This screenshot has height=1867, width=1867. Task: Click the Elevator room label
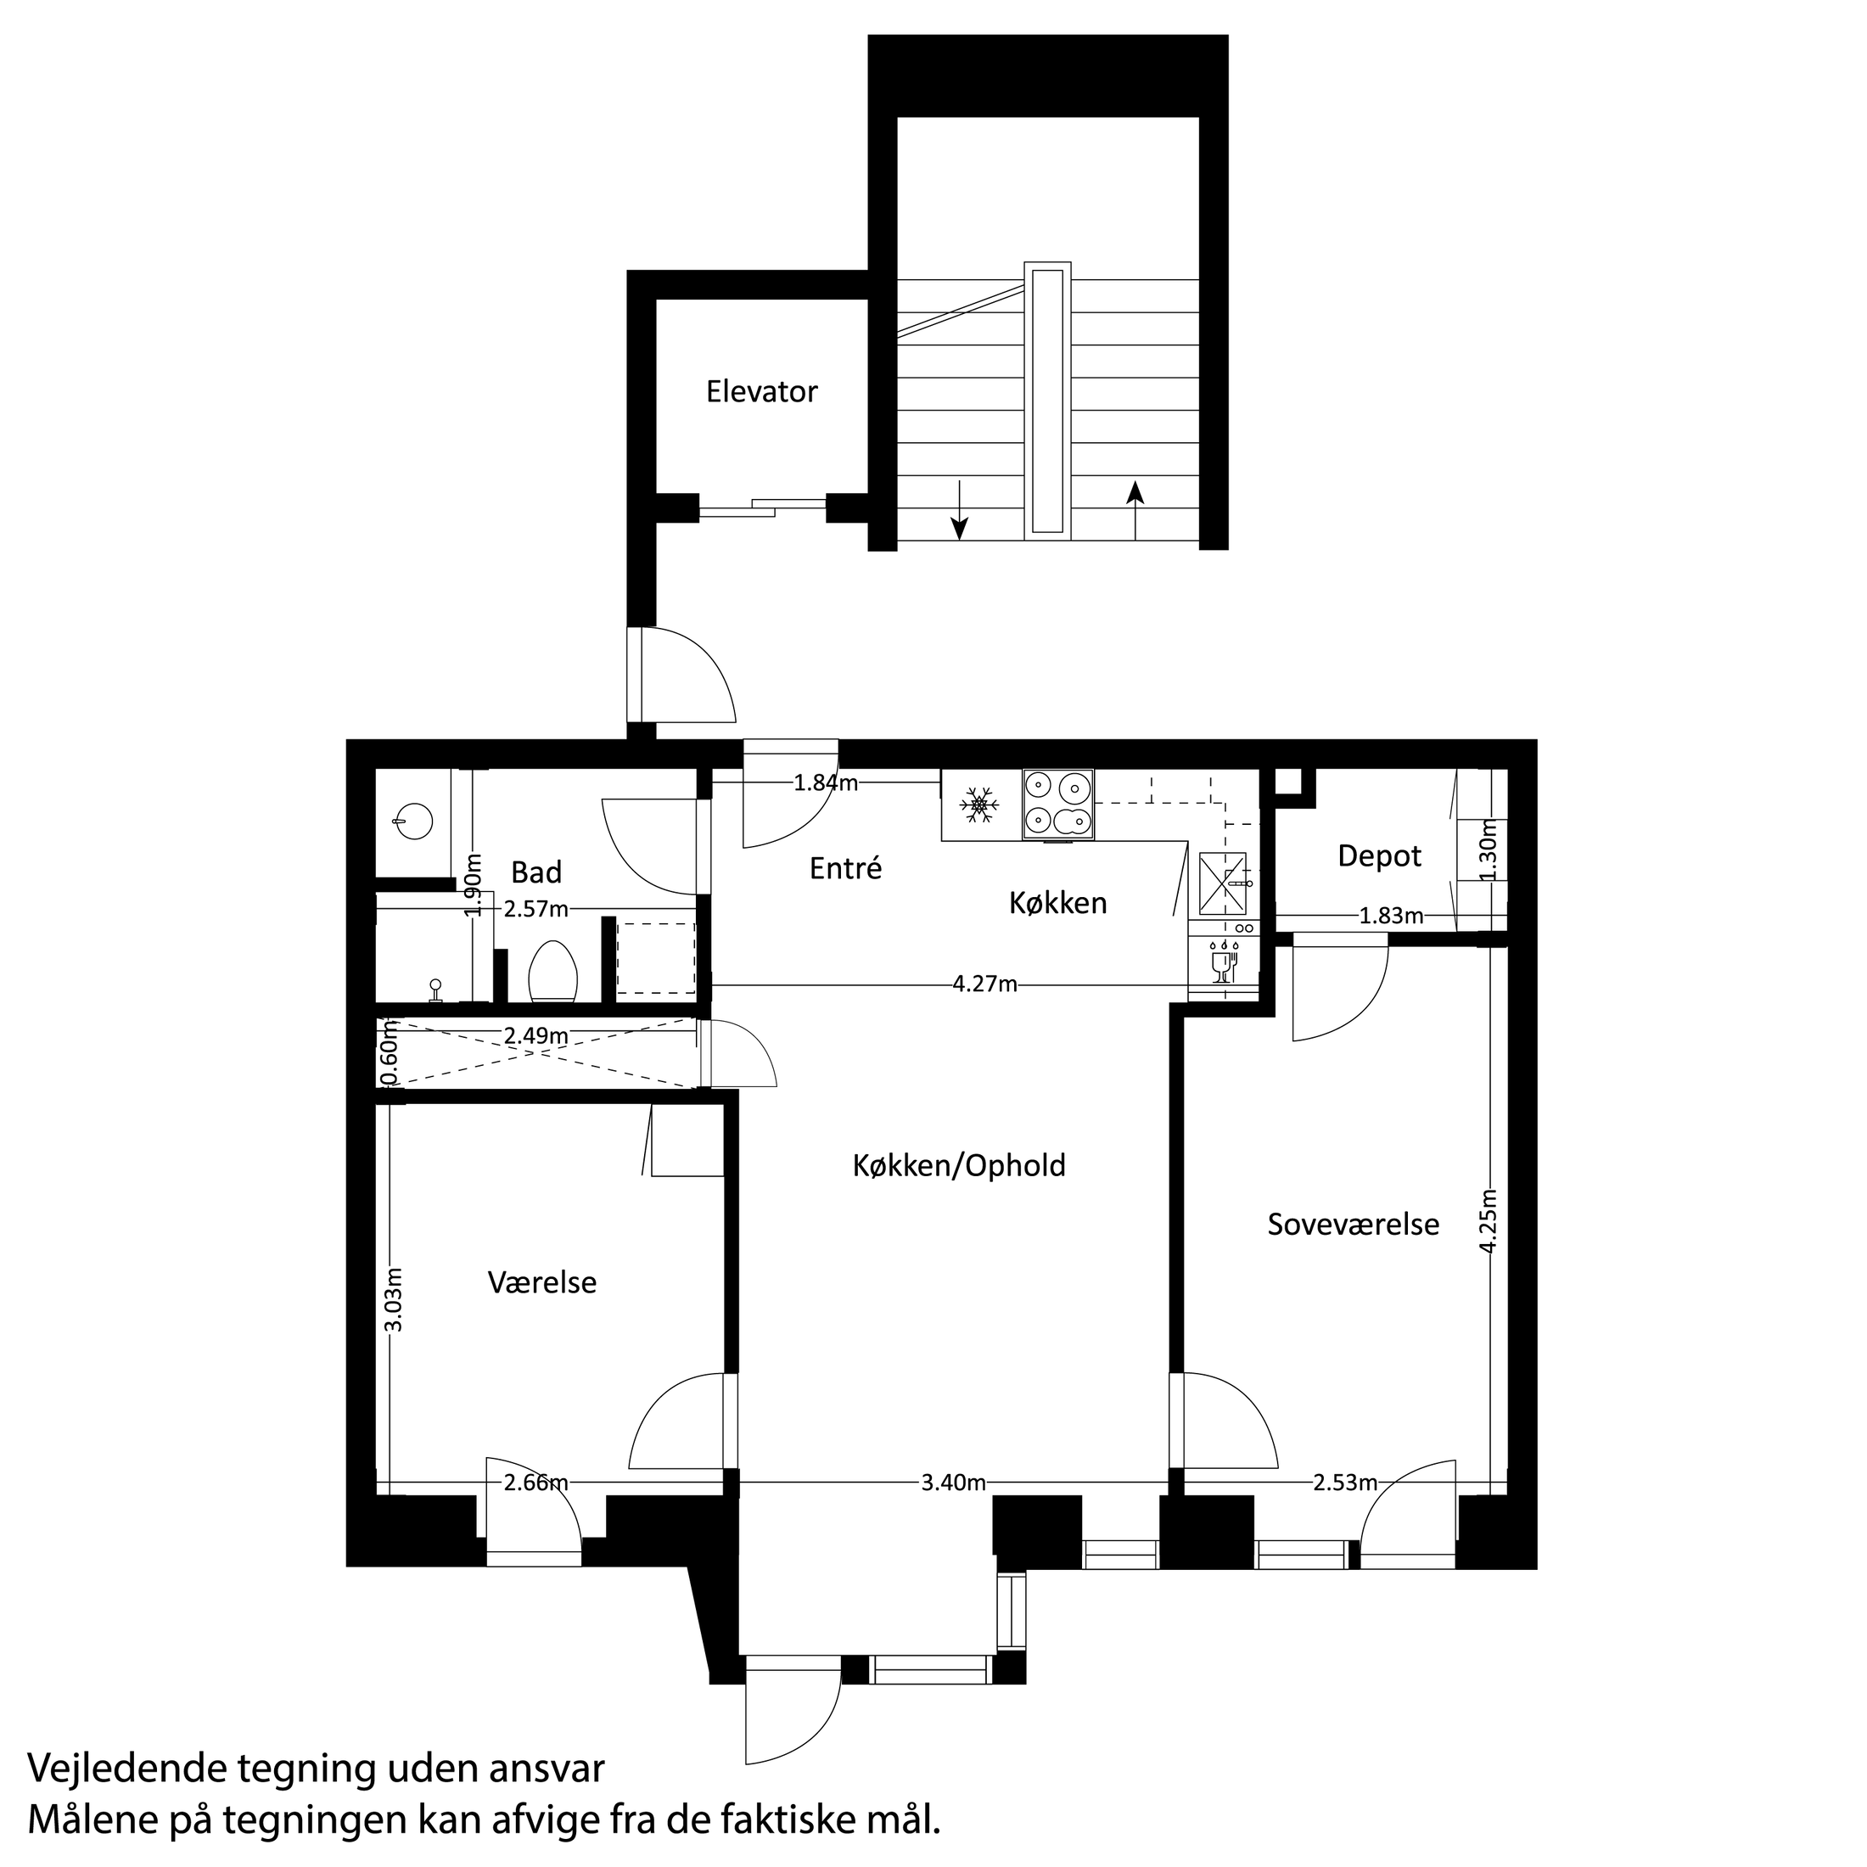[761, 391]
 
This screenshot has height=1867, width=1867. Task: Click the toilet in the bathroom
[553, 970]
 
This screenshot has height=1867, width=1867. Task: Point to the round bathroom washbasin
[412, 822]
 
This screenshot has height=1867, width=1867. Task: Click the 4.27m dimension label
[984, 984]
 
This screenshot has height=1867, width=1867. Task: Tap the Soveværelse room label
[1353, 1225]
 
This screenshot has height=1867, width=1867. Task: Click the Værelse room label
[542, 1283]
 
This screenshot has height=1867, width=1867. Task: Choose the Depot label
[1379, 856]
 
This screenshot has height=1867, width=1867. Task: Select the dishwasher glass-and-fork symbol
[1225, 959]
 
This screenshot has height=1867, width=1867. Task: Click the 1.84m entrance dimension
[827, 782]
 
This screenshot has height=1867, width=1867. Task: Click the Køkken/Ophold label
[959, 1165]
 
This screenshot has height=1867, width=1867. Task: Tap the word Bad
[536, 872]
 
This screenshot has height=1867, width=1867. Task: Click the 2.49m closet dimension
[536, 1035]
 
